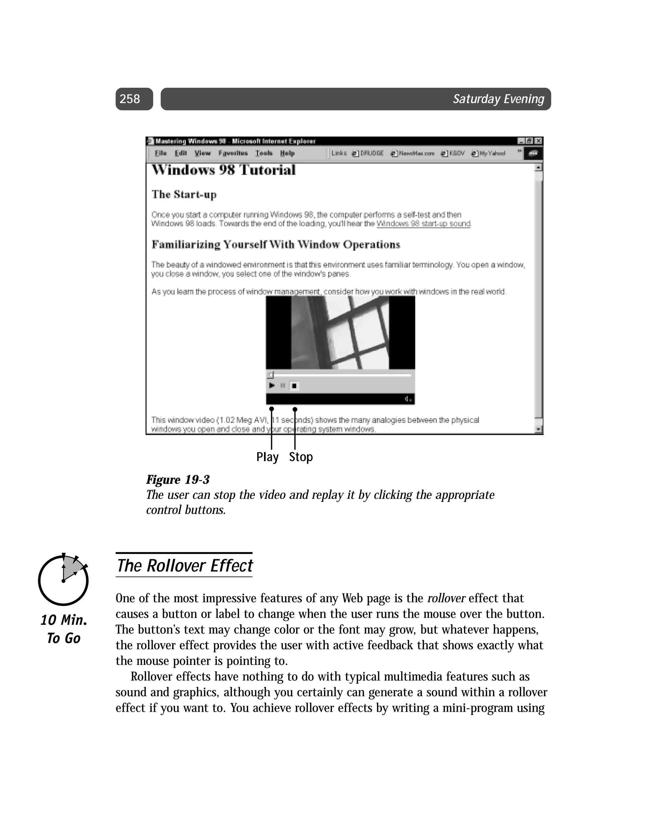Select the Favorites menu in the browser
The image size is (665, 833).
tap(233, 153)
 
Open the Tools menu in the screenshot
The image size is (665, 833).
tap(264, 153)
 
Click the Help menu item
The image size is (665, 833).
tap(287, 153)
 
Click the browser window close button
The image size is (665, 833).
tap(538, 141)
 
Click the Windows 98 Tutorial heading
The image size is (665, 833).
tap(223, 170)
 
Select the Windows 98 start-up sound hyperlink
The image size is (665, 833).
tap(423, 224)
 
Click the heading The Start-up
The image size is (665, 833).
tap(184, 194)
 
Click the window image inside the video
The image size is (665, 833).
tap(340, 333)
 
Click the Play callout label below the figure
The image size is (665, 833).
tap(267, 457)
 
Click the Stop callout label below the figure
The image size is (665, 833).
tap(301, 457)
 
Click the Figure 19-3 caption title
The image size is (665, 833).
tap(178, 480)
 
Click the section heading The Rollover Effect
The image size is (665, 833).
tap(184, 566)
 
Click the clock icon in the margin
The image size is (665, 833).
tap(63, 579)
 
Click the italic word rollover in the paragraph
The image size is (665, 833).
tap(446, 598)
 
